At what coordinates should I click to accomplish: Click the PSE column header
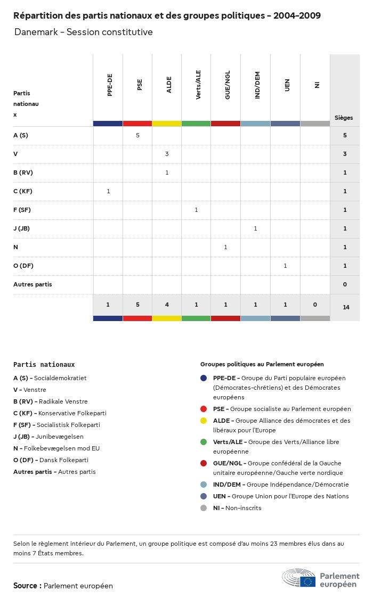140,85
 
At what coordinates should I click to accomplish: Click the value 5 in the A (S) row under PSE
137,135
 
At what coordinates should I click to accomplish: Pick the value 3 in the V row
167,154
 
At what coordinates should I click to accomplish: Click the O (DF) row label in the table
23,266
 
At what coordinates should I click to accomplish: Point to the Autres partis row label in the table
33,284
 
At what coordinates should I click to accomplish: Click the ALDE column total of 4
167,305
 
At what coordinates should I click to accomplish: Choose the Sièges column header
344,118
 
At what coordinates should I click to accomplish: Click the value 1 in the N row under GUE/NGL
225,247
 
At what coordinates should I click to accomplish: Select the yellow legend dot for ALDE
204,421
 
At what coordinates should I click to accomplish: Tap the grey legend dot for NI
204,508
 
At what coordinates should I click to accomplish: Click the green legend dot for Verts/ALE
204,442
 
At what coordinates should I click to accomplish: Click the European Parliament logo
321,578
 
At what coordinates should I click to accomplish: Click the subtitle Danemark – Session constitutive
84,32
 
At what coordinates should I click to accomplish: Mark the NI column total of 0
315,305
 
